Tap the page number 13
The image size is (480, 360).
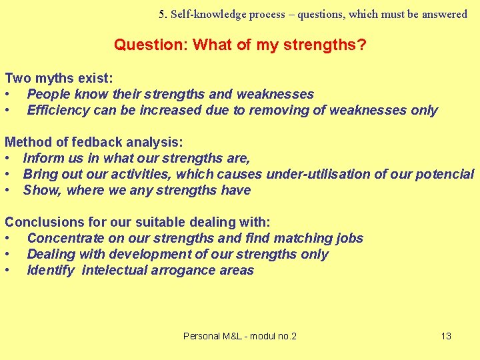click(x=446, y=336)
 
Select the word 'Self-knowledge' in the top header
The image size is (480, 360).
click(x=204, y=14)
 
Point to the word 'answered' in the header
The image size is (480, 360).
click(x=445, y=14)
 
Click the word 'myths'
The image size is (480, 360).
click(x=47, y=78)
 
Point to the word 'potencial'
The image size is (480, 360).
click(x=445, y=174)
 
